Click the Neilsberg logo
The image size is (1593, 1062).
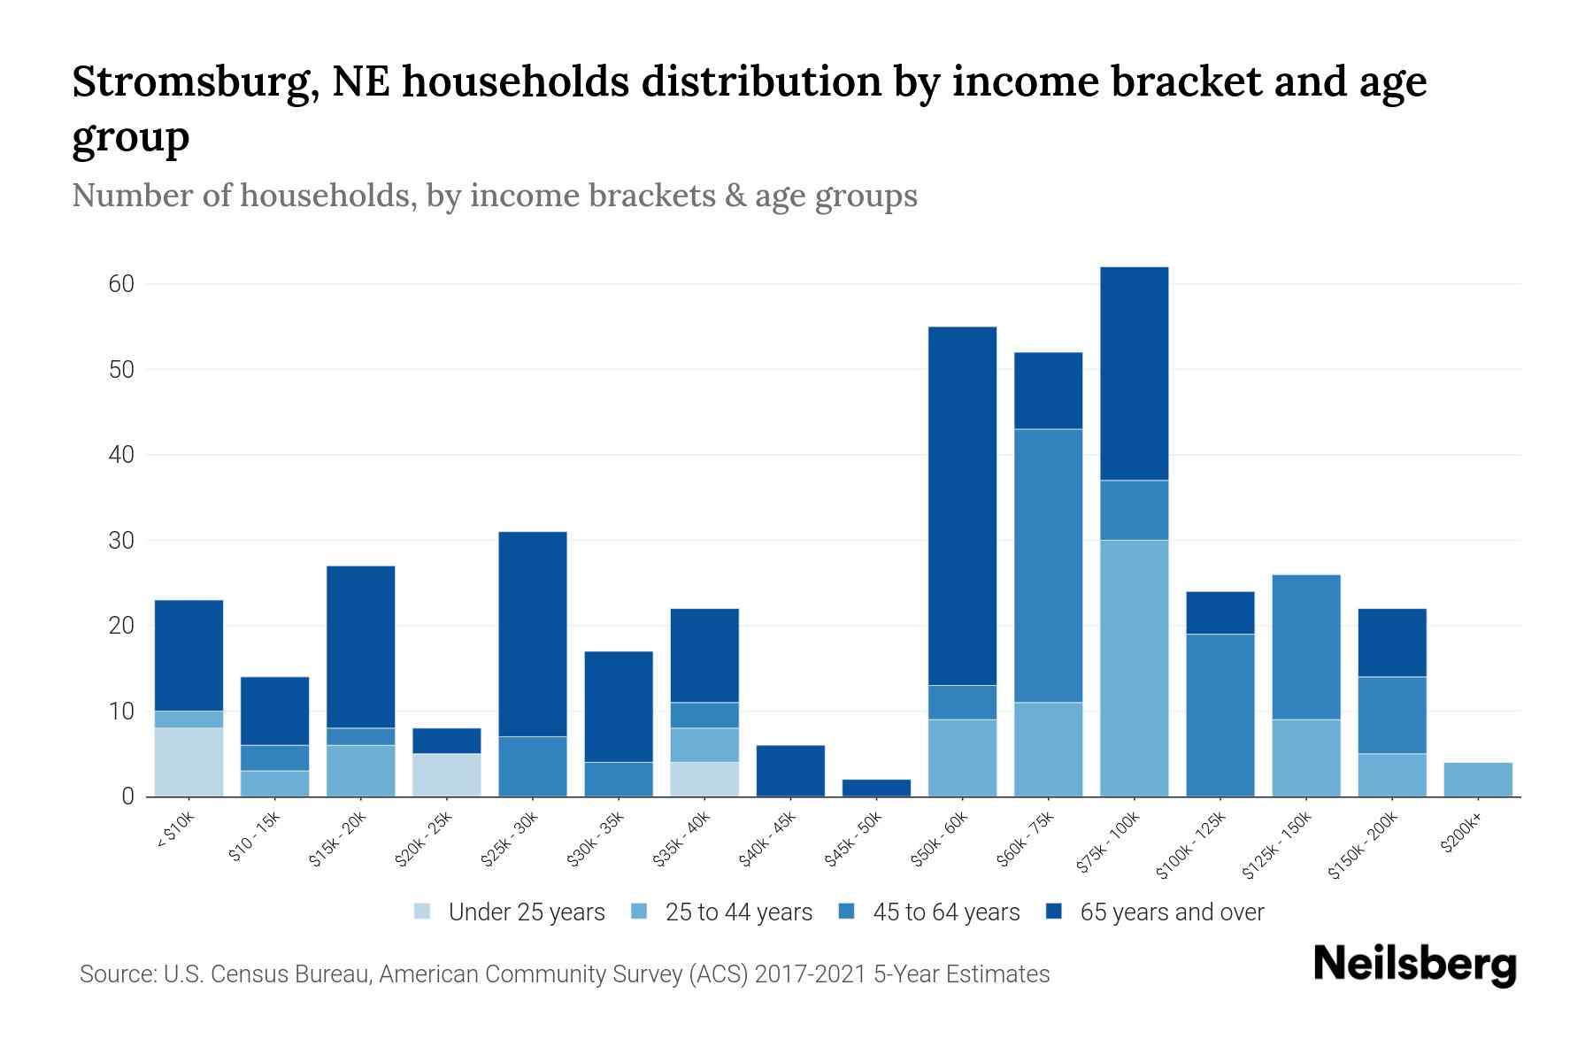(1414, 965)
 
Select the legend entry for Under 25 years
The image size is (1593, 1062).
(510, 912)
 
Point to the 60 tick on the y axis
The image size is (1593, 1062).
(121, 284)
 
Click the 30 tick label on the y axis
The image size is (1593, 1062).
(121, 540)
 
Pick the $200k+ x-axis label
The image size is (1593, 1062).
(1461, 835)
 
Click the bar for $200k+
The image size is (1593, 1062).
(1478, 779)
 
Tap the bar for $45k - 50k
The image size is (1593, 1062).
(876, 788)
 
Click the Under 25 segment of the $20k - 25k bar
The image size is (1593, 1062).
(447, 774)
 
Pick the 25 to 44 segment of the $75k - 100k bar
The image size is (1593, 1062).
(1134, 668)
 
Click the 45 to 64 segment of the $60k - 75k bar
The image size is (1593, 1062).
(1048, 566)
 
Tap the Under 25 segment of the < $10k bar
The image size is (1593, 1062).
(189, 762)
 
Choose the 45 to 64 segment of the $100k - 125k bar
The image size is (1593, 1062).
(1220, 715)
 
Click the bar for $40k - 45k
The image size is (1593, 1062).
(790, 771)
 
